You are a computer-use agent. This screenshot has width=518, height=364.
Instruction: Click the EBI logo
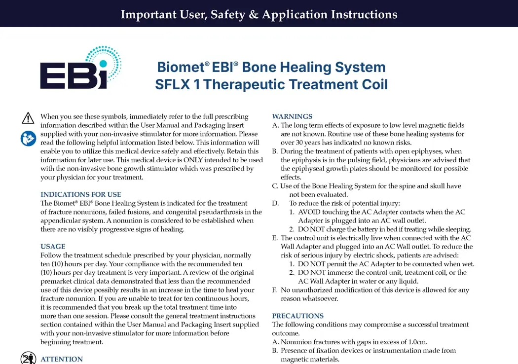pyautogui.click(x=80, y=68)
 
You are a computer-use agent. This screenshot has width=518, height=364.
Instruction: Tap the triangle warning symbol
pyautogui.click(x=28, y=118)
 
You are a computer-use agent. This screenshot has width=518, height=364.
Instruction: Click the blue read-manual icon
pyautogui.click(x=29, y=139)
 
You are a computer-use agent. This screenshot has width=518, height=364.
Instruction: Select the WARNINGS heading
pyautogui.click(x=292, y=116)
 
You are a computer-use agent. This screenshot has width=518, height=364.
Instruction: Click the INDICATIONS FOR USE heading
pyautogui.click(x=80, y=194)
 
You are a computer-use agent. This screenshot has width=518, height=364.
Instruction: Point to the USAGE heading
pyautogui.click(x=53, y=247)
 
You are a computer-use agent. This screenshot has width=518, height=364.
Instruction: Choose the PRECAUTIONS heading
pyautogui.click(x=297, y=316)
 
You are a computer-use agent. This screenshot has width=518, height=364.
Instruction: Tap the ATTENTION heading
pyautogui.click(x=62, y=359)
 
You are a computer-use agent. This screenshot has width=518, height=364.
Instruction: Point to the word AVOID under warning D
pyautogui.click(x=309, y=212)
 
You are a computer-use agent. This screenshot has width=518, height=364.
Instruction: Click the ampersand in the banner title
pyautogui.click(x=254, y=14)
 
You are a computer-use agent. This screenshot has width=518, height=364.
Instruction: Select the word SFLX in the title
pyautogui.click(x=173, y=84)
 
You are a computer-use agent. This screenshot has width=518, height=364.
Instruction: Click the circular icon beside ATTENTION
pyautogui.click(x=29, y=358)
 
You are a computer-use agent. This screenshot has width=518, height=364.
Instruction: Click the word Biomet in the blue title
pyautogui.click(x=181, y=67)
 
